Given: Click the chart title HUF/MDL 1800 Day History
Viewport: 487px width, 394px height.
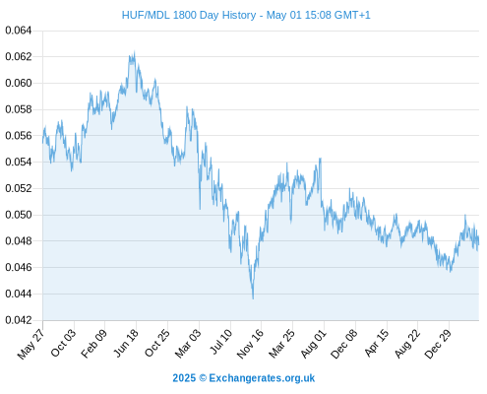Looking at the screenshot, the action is click(x=189, y=15).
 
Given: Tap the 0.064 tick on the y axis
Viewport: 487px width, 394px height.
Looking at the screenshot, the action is click(x=19, y=31).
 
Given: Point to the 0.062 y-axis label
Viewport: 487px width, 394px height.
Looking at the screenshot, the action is click(x=19, y=57).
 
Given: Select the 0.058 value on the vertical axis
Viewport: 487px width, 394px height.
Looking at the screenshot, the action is click(x=19, y=109).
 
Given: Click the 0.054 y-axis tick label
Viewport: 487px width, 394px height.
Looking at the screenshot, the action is click(x=19, y=163).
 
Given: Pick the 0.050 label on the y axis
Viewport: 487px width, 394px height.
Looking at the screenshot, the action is click(x=19, y=215).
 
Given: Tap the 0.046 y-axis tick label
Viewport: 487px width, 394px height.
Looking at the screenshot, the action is click(x=19, y=268).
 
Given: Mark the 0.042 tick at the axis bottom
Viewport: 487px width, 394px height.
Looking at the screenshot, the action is click(x=19, y=320).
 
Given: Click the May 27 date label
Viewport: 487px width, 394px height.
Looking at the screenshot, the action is click(x=30, y=344).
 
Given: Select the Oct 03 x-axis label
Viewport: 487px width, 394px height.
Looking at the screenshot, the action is click(x=63, y=343).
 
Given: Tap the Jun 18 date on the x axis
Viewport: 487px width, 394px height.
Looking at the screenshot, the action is click(x=126, y=343).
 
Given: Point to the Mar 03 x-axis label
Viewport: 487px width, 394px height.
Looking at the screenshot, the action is click(x=188, y=344).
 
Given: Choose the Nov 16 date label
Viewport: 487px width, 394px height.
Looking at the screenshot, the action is click(x=250, y=344).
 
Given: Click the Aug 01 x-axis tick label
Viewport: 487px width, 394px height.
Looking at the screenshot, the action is click(x=314, y=344).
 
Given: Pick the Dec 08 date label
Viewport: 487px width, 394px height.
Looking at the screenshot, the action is click(x=343, y=344).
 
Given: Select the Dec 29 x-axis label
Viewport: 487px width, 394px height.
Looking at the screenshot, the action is click(x=438, y=344).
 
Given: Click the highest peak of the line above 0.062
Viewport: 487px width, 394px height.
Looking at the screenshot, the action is click(x=134, y=51).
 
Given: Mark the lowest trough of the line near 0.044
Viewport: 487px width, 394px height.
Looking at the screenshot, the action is click(x=253, y=298).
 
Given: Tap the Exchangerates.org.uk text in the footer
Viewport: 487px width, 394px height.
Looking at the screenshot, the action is click(x=262, y=378).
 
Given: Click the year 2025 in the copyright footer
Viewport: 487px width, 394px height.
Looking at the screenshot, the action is click(x=184, y=378).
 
